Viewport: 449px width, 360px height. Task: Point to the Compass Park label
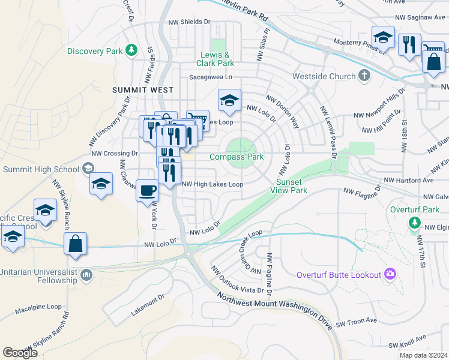(237, 157)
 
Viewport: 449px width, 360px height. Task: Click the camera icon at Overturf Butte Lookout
(391, 275)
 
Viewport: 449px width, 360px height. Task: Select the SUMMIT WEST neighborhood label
(143, 90)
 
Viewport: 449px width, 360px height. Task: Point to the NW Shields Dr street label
(190, 22)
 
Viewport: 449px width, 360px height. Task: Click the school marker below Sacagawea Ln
(229, 102)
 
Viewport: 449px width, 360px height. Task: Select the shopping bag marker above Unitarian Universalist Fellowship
(76, 245)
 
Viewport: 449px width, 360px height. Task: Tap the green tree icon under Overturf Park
(414, 223)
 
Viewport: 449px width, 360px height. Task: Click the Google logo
(20, 353)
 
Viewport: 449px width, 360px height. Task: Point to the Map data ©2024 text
(423, 355)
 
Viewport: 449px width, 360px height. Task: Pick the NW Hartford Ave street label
(409, 180)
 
